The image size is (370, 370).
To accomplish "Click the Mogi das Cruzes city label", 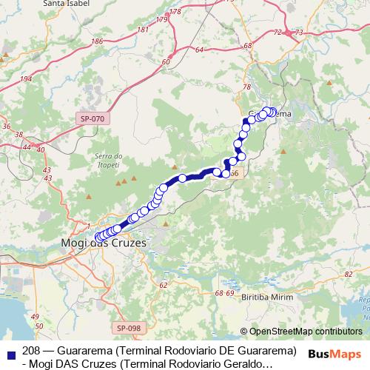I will click(103, 243).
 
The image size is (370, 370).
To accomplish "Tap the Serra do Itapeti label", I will click(108, 159).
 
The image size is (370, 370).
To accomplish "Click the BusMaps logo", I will click(335, 354).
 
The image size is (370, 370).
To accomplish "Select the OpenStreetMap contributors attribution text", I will click(306, 332).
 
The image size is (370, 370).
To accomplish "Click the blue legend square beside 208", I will click(9, 351).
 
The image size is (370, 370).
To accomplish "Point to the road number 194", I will click(26, 79).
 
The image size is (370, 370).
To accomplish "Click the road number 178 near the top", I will click(175, 13).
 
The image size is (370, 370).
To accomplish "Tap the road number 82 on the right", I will click(349, 275).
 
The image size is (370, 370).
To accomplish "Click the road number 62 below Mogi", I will click(164, 284).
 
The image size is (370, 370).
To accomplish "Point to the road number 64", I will click(200, 50).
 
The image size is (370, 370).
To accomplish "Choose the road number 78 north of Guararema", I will click(246, 88).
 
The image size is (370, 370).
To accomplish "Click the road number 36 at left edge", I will click(7, 126).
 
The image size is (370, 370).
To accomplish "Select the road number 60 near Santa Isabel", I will click(165, 63).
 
